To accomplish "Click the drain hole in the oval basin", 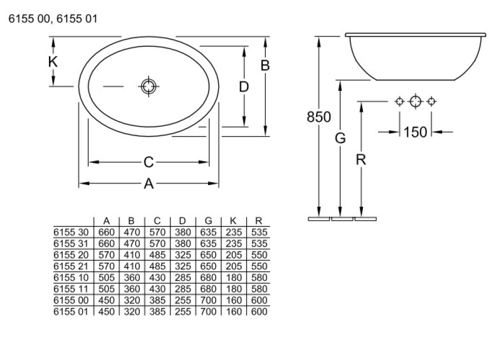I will [x=148, y=87].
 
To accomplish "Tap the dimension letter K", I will [x=53, y=62].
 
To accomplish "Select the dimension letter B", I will [x=265, y=66].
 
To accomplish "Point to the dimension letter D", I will [x=244, y=87].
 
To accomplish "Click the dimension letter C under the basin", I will [x=148, y=162].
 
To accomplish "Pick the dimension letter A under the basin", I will [x=148, y=185].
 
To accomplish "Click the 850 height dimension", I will [x=319, y=117].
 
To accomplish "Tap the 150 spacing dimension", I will [x=415, y=132].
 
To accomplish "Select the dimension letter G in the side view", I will [x=341, y=138].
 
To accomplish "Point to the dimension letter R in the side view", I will [x=361, y=160].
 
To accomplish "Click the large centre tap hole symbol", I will [x=415, y=101].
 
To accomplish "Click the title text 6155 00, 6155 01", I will [x=50, y=20].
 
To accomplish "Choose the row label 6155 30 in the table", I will [x=71, y=232].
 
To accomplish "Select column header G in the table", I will [x=208, y=221].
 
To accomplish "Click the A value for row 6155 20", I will [x=106, y=255].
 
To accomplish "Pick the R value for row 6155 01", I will [x=259, y=312].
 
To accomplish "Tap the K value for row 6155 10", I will [x=233, y=278].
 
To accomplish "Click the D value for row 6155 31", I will [x=183, y=244].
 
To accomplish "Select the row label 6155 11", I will [x=71, y=289].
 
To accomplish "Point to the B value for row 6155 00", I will [x=132, y=300].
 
